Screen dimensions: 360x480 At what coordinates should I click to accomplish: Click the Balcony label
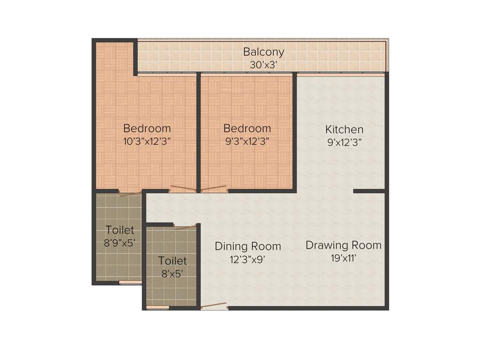click(263, 52)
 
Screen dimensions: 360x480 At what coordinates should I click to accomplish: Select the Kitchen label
click(345, 129)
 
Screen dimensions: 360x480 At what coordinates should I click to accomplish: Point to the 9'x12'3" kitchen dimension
click(345, 142)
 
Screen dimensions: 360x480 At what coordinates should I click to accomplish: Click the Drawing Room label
click(344, 245)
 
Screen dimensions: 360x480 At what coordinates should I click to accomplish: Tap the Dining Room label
click(248, 246)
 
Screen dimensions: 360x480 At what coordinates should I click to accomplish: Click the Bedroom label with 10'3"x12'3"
click(147, 128)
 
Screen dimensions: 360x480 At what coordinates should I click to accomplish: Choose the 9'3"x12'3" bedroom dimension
click(247, 141)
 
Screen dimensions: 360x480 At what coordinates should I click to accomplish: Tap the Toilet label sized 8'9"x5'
click(120, 230)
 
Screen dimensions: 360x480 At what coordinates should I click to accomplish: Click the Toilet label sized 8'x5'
click(172, 261)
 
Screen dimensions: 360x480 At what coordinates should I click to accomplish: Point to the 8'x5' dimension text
click(172, 273)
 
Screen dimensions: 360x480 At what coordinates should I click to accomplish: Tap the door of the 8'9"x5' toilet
click(130, 193)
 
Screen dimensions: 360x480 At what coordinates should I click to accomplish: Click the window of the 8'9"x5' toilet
click(130, 283)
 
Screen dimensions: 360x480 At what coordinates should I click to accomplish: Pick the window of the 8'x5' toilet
click(157, 307)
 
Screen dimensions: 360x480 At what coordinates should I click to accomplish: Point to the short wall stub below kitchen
click(369, 191)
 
